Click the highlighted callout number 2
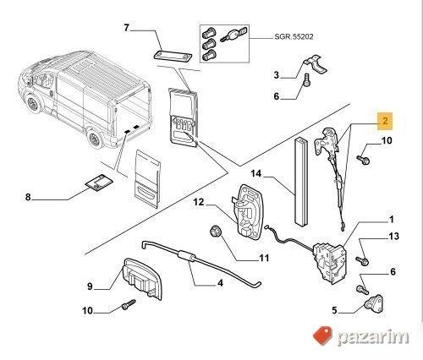point(385,121)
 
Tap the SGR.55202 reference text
point(294,37)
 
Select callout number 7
point(126,28)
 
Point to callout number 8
point(28,197)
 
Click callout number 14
point(256,173)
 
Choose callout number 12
point(199,202)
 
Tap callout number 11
point(264,258)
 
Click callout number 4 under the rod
point(220,283)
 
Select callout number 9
point(90,286)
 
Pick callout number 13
point(393,237)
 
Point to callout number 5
point(334,310)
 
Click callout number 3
point(277,75)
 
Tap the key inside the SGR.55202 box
point(233,35)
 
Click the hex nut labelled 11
point(216,231)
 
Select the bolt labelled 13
point(362,260)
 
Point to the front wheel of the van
point(32,104)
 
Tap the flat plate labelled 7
point(173,55)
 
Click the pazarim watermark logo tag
point(322,336)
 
